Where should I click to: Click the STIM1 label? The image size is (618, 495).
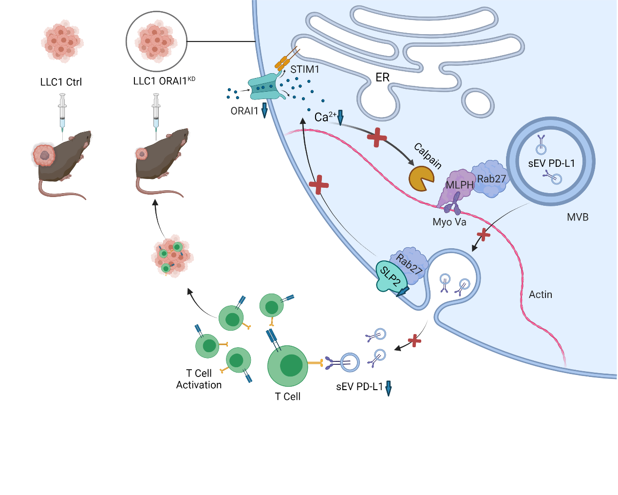305,70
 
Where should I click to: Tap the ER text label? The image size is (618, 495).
382,78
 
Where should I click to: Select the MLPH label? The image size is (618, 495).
460,185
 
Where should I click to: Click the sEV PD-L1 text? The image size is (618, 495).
551,163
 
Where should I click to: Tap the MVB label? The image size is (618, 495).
578,218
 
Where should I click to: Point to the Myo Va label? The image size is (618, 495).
449,222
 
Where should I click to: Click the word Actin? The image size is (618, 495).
541,295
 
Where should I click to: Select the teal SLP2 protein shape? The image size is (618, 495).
390,277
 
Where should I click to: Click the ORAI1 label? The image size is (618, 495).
244,111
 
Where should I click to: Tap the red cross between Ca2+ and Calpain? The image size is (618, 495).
377,137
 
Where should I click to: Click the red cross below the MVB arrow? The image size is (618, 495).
483,235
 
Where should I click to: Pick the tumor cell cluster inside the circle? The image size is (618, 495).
156,41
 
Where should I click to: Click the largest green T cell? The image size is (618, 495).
288,366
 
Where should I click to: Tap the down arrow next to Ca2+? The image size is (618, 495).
340,117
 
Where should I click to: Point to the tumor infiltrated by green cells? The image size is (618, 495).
172,257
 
